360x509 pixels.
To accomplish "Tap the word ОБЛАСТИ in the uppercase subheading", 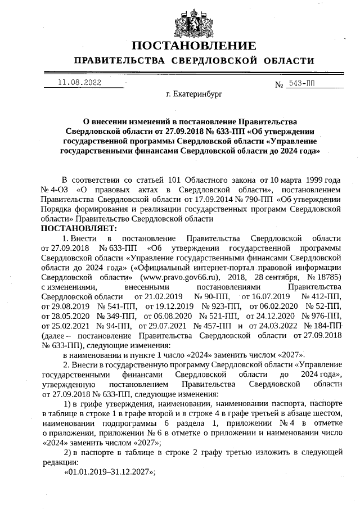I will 285,61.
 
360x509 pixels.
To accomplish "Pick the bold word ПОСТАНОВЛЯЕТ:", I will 79,228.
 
